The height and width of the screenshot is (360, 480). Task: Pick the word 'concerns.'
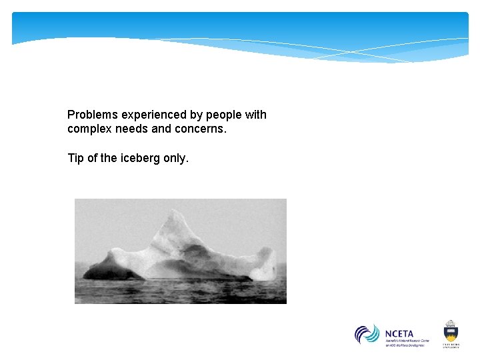click(x=201, y=129)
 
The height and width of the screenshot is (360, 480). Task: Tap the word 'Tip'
click(x=76, y=158)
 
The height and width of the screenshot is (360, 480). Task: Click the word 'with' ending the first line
click(x=255, y=115)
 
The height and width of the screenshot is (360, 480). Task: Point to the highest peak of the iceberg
click(x=174, y=213)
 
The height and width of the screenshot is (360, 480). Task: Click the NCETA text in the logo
click(x=399, y=333)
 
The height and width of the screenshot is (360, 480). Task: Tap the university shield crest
click(x=451, y=331)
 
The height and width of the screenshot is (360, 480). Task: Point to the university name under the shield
click(x=451, y=345)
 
